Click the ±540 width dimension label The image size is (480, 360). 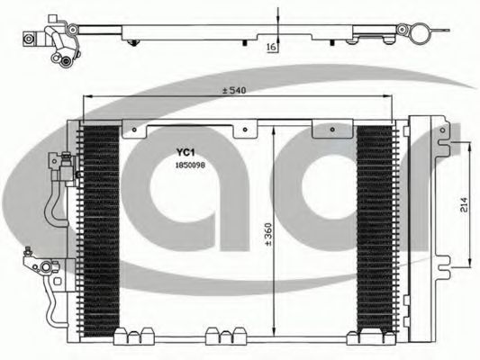(x=234, y=91)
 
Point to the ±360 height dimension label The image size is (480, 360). (x=268, y=235)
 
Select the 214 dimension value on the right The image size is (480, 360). (x=464, y=205)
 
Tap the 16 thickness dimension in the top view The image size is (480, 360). (x=272, y=47)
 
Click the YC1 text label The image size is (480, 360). (x=186, y=152)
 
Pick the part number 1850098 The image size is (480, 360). (x=190, y=166)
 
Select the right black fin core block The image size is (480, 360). (x=375, y=229)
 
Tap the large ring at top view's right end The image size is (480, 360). (x=419, y=34)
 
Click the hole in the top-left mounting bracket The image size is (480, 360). (x=134, y=130)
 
